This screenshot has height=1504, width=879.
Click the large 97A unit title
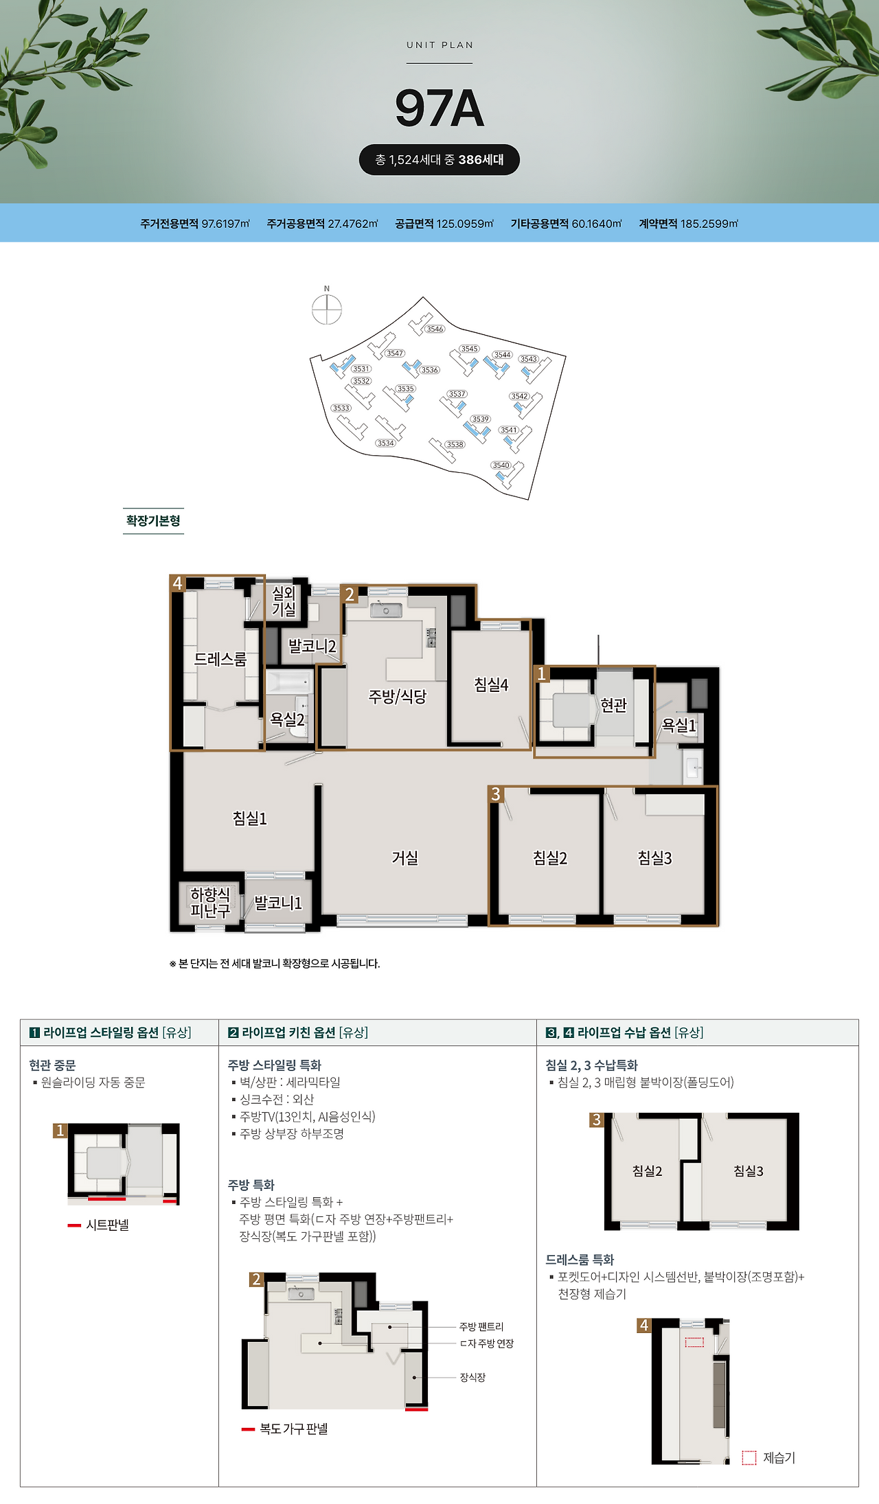439,108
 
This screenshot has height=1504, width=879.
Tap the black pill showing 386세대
439,160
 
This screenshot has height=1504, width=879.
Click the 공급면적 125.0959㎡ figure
444,224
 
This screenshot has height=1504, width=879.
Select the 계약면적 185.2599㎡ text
688,224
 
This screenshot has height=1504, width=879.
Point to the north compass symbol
327,309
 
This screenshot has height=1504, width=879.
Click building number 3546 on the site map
435,329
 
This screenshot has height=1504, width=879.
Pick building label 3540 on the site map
501,465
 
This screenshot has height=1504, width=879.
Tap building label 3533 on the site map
341,408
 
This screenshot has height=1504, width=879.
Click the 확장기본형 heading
153,520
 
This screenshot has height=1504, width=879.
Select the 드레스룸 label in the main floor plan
220,659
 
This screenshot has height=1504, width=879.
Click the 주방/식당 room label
398,697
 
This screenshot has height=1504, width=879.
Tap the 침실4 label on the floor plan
491,684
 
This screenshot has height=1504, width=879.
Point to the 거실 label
405,857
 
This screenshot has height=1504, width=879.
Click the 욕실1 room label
679,724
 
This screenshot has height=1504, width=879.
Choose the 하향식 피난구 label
210,902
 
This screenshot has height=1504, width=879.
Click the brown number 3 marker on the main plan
496,794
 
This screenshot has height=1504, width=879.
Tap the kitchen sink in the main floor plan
386,610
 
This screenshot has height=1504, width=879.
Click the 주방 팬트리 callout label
481,1326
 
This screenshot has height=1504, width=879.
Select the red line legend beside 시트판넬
74,1225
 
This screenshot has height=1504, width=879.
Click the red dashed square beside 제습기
749,1457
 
